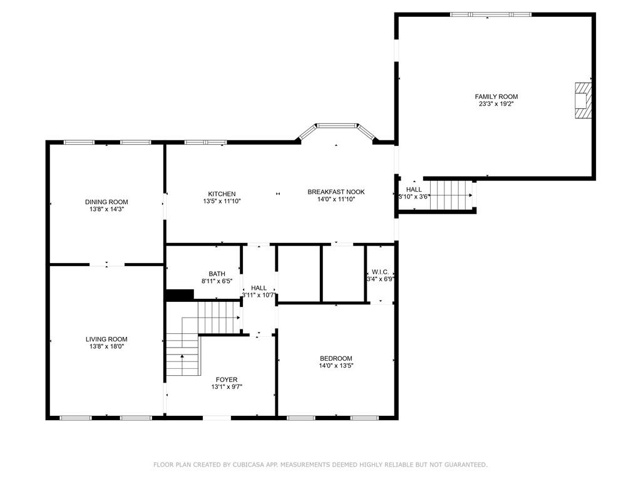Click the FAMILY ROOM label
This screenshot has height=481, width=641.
pos(496,96)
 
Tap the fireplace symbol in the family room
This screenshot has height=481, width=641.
pos(583,101)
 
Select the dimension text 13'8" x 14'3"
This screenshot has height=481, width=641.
pos(106,209)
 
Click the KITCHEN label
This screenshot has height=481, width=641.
pos(222,194)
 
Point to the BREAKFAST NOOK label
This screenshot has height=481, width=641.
pos(336,192)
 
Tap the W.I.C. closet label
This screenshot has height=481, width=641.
pos(380,272)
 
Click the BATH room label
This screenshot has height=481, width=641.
pos(217,274)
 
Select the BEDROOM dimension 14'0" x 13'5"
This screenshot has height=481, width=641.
pos(336,366)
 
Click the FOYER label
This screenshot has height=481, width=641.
pos(227,380)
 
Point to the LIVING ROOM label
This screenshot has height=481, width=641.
pos(106,339)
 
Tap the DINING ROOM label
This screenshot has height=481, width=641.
pos(106,202)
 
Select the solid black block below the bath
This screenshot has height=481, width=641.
pos(180,295)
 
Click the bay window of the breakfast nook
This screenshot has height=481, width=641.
pos(337,131)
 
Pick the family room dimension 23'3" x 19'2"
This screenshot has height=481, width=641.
pos(496,104)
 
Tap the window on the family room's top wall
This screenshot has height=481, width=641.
pos(491,15)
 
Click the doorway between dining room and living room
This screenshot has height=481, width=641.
pos(106,264)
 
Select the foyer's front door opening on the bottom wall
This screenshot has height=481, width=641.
pos(217,418)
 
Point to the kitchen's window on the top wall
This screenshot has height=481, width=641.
pos(205,142)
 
